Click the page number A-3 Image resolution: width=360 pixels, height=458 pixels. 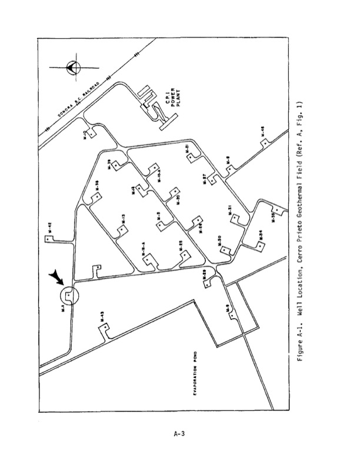180,434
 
